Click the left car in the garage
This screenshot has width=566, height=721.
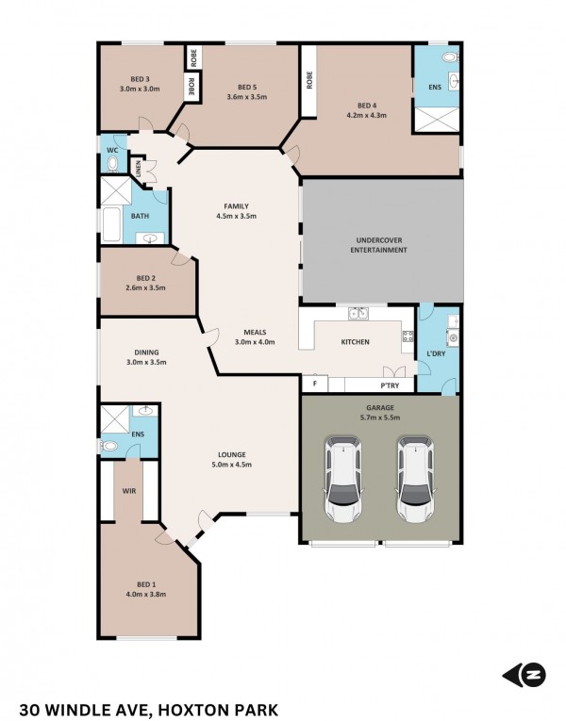pyautogui.click(x=343, y=479)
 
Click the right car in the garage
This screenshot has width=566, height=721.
pyautogui.click(x=415, y=479)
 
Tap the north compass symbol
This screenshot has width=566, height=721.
pyautogui.click(x=524, y=676)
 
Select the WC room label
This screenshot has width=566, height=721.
pyautogui.click(x=112, y=151)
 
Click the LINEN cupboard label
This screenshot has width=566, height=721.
pyautogui.click(x=139, y=168)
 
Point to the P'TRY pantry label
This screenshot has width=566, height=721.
pyautogui.click(x=390, y=385)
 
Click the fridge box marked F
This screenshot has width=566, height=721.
pyautogui.click(x=315, y=383)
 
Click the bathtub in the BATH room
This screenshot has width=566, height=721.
pyautogui.click(x=111, y=225)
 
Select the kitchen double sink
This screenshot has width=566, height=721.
pyautogui.click(x=358, y=314)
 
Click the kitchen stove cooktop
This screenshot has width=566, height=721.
pyautogui.click(x=408, y=336)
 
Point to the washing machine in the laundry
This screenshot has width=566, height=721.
pyautogui.click(x=453, y=338)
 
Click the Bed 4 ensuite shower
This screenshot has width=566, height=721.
pyautogui.click(x=437, y=120)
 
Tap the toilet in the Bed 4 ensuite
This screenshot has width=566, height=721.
pyautogui.click(x=450, y=57)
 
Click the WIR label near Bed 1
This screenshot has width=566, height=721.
pyautogui.click(x=129, y=491)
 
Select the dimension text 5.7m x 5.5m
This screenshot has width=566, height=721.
pyautogui.click(x=380, y=418)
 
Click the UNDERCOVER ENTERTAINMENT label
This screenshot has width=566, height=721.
pyautogui.click(x=378, y=245)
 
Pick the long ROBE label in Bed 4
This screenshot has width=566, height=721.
pyautogui.click(x=309, y=80)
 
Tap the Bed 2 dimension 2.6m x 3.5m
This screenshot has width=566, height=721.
pyautogui.click(x=145, y=287)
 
